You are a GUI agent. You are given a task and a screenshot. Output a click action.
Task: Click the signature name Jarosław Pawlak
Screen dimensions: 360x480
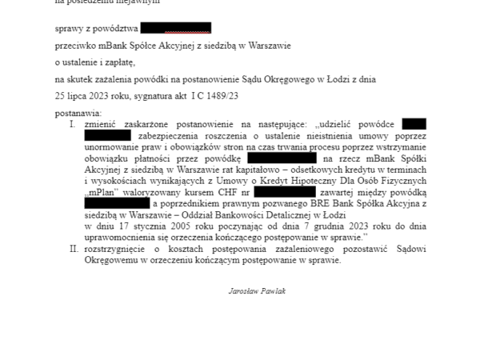(x=257, y=291)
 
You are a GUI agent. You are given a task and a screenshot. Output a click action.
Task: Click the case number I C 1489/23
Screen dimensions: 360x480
(x=215, y=95)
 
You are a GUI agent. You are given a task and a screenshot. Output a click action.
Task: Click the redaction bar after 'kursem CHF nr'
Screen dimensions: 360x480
(x=285, y=193)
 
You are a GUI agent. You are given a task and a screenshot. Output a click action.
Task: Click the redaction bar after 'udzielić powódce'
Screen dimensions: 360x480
(x=414, y=124)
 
